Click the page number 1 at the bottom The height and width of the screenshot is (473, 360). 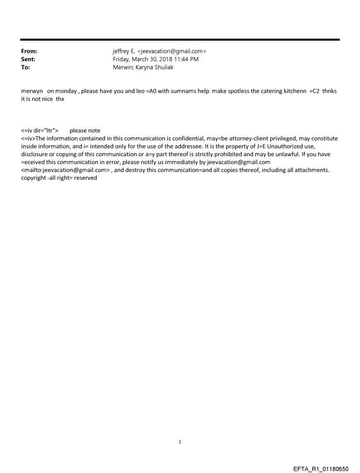pos(180,442)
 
